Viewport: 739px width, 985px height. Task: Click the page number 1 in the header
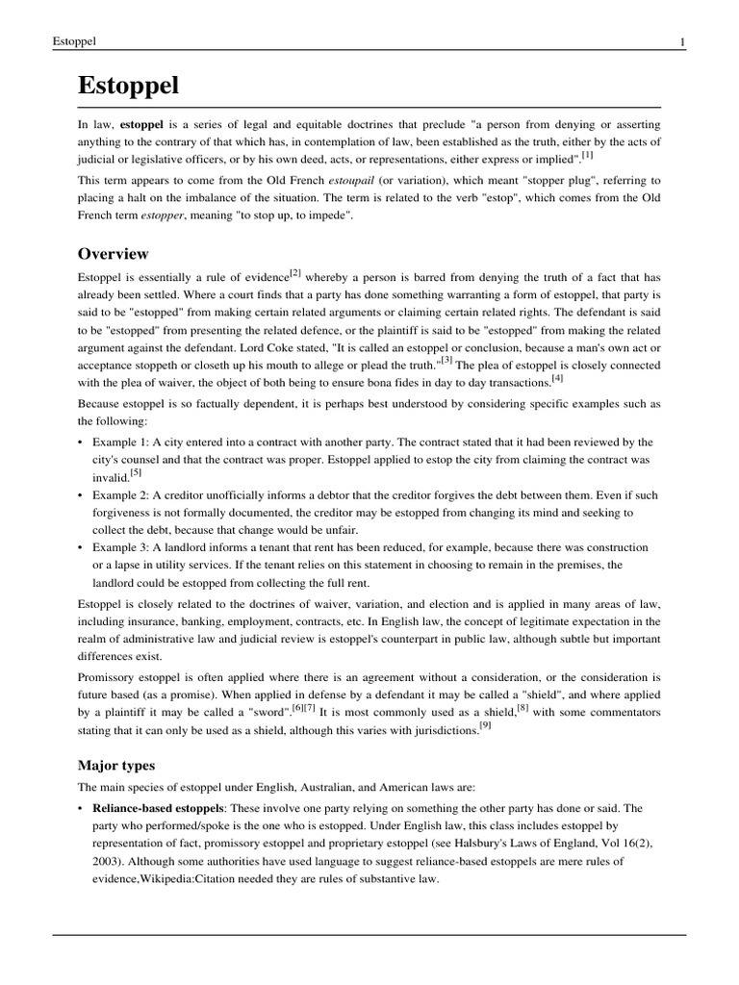tap(681, 41)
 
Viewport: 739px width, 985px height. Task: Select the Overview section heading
tap(113, 254)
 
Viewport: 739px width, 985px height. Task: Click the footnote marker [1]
tap(587, 154)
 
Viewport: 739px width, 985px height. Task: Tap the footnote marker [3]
tap(446, 362)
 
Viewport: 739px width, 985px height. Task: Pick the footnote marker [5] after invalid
tap(137, 472)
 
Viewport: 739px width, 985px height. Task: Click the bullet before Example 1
tap(80, 442)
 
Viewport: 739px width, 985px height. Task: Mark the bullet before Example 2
tap(80, 495)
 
